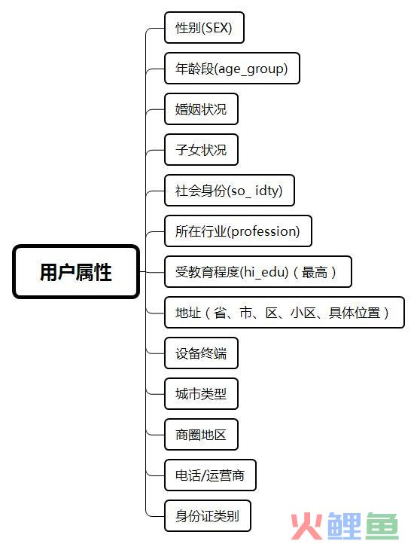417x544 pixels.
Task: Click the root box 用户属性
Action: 76,272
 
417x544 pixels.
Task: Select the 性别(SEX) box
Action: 204,28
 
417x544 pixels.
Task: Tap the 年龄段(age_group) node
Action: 232,69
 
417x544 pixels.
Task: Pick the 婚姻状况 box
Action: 201,109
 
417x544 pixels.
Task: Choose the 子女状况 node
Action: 201,149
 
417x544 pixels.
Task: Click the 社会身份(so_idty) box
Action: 230,191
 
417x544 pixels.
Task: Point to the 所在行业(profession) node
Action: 238,231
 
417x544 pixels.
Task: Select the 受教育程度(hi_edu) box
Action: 258,272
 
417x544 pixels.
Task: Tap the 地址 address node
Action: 285,312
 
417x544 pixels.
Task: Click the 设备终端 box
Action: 201,353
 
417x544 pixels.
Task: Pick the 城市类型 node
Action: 201,394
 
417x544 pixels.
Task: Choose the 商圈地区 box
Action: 201,434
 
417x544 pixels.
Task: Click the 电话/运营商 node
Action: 210,475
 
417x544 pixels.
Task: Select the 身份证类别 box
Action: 207,515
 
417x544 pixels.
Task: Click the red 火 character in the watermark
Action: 306,526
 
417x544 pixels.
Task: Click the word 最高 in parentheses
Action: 315,272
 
